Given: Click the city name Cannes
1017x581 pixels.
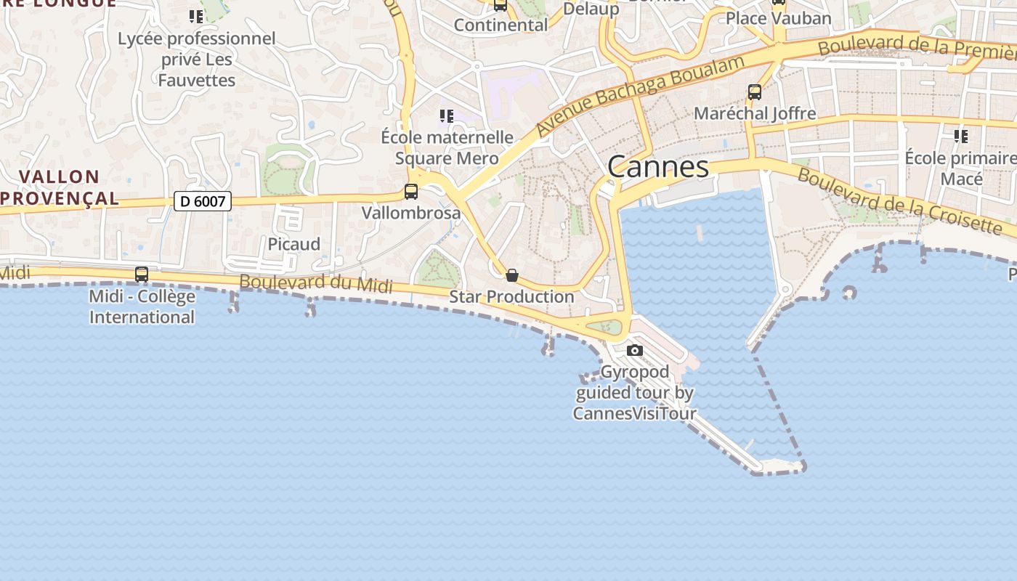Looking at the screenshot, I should pos(658,167).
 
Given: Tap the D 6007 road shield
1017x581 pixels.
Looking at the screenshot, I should pos(203,201).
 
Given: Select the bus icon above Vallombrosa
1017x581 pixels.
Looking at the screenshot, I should pos(411,192).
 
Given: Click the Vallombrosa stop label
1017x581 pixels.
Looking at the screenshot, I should pos(411,214).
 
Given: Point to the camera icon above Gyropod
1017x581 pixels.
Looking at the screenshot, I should pos(635,351).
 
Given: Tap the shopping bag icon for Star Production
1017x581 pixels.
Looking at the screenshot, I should pos(512,275).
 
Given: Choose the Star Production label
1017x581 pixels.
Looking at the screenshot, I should pos(511,297).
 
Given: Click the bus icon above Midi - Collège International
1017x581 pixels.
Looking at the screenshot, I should pos(142,275).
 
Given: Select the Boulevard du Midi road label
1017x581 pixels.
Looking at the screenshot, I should pos(316,284).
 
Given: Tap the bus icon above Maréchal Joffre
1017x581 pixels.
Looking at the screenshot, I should pos(755,92).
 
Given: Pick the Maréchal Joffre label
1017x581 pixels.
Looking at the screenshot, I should pos(755,114).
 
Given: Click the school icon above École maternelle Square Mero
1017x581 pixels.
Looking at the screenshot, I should pos(447,116).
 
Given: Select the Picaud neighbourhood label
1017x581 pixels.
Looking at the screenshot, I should pos(294,245).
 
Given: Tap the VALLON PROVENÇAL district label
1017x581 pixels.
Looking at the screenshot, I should pos(60,187).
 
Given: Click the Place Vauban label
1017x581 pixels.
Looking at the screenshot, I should pos(779,18).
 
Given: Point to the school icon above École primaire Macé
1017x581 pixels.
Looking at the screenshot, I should pos(961,136).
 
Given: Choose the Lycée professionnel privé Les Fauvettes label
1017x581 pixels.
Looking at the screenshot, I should pos(197,59).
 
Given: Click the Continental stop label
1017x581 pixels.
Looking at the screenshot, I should pos(501,25).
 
